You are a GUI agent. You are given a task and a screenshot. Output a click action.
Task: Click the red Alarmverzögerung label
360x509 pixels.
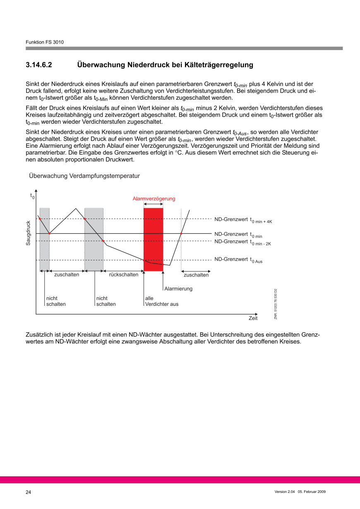[x=154, y=199]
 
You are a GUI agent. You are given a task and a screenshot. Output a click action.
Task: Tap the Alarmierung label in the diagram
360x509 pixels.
[x=178, y=288]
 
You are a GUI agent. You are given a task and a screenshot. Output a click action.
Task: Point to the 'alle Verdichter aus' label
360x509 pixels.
[x=161, y=301]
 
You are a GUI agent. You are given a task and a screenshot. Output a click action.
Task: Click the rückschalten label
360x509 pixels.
[x=123, y=275]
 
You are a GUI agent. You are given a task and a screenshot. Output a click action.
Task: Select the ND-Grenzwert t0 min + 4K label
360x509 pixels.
[x=243, y=219]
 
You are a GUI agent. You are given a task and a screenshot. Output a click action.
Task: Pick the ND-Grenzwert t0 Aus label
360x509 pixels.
[x=238, y=260]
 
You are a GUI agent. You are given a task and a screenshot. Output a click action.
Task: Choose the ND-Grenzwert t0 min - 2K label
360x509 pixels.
[x=242, y=242]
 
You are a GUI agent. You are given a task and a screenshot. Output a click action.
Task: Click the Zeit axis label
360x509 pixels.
[x=253, y=318]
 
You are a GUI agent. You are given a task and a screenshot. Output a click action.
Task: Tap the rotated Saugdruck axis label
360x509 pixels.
[x=29, y=233]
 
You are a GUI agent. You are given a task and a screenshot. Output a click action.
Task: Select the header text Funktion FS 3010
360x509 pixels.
[x=45, y=42]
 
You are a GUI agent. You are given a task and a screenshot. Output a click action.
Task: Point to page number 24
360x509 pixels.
[x=29, y=492]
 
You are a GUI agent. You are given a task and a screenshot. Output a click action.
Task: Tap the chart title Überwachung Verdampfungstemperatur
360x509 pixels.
[x=84, y=176]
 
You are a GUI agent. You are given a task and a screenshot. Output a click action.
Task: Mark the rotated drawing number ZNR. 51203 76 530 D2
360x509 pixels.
[x=276, y=304]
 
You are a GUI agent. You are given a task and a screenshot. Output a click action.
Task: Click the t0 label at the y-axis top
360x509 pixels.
[x=32, y=195]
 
